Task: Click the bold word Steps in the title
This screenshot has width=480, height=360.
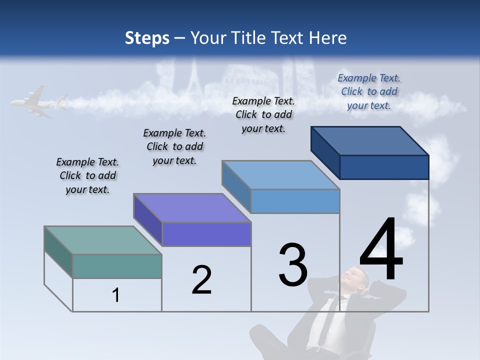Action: click(x=147, y=38)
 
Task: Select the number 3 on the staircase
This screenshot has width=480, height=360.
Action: click(x=293, y=265)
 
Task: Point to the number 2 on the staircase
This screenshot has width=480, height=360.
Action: click(x=201, y=280)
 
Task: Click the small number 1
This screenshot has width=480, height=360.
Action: click(x=116, y=295)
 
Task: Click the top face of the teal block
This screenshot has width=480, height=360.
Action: click(x=103, y=240)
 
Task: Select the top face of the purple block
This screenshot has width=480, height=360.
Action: click(x=192, y=208)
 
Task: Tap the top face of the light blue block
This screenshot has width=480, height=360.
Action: click(x=280, y=175)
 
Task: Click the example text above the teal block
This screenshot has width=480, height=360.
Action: click(x=87, y=175)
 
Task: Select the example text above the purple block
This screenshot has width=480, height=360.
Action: click(x=174, y=146)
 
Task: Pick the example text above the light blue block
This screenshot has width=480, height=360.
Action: click(x=263, y=114)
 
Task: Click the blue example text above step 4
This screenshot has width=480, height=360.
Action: click(x=369, y=91)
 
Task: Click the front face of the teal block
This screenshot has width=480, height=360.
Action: click(x=117, y=266)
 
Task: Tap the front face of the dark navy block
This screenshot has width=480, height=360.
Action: click(x=384, y=167)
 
